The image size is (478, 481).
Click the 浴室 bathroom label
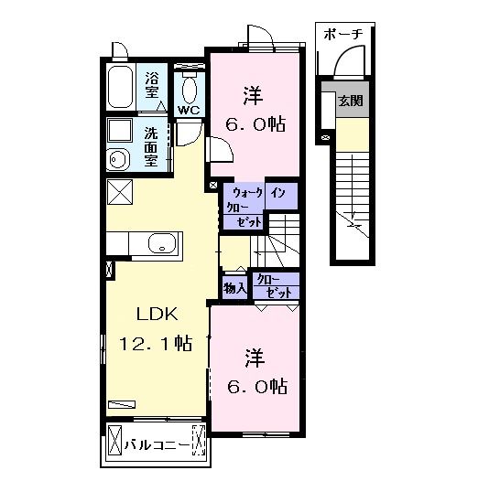(x=153, y=83)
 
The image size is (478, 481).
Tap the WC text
(x=189, y=111)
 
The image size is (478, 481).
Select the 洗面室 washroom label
(x=152, y=145)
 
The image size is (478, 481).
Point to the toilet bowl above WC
(x=190, y=89)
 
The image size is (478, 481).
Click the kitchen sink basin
(x=161, y=244)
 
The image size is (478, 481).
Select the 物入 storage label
(x=234, y=288)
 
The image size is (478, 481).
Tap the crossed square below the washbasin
(x=119, y=193)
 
